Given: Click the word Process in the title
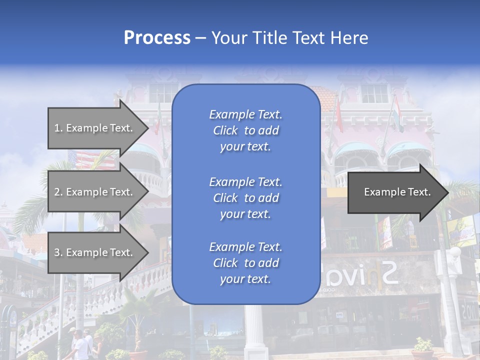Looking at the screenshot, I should [157, 38].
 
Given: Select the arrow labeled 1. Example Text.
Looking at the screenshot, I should [95, 128].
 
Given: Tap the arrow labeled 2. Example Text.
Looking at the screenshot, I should [95, 192].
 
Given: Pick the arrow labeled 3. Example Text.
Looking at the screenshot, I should [95, 252].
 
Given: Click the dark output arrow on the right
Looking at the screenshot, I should [395, 192].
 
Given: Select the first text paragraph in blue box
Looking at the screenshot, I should [245, 130].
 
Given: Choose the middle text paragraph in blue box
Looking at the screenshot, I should [245, 198].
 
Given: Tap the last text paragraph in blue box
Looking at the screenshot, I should [245, 263].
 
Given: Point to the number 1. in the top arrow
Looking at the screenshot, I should [58, 128].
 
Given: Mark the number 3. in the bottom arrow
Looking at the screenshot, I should [58, 253].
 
